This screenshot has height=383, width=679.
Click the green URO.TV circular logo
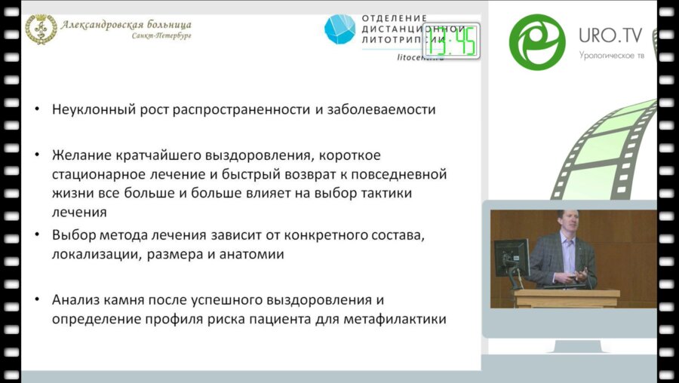tap(537, 41)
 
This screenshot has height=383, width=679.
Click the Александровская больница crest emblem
tap(41, 29)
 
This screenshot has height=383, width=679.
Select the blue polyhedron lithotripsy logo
tap(339, 29)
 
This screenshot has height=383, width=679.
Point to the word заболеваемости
tap(382, 109)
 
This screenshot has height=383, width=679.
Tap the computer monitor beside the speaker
tap(512, 258)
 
